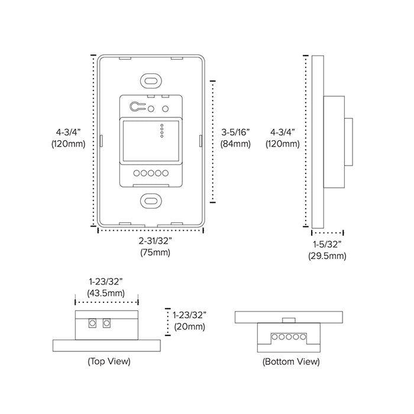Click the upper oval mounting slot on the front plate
pos(150,80)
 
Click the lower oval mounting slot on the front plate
pos(150,200)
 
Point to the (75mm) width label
pos(155,253)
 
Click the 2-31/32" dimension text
pos(155,241)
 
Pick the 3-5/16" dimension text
pos(234,131)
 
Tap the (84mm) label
pos(234,143)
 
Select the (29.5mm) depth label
pos(327,256)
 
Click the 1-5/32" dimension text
pos(327,244)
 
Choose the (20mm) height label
pos(189,326)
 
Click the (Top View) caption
pos(109,361)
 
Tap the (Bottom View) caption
pos(291,361)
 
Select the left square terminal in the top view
pos(93,324)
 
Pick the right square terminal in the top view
pos(106,324)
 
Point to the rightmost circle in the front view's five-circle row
pos(166,173)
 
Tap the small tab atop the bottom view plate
pos(289,320)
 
